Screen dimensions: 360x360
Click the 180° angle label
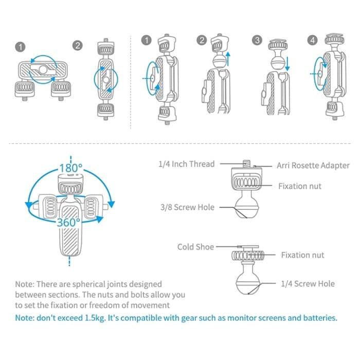pyautogui.click(x=70, y=168)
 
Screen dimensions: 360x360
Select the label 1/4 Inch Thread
pyautogui.click(x=186, y=164)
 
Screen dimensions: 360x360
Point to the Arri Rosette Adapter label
pyautogui.click(x=312, y=165)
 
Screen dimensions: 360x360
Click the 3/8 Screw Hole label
pyautogui.click(x=187, y=207)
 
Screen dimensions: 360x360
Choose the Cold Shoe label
pyautogui.click(x=196, y=247)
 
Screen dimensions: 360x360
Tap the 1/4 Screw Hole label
pyautogui.click(x=308, y=283)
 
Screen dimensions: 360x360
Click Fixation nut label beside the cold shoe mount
pyautogui.click(x=302, y=255)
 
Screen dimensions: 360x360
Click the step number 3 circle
pyautogui.click(x=257, y=39)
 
